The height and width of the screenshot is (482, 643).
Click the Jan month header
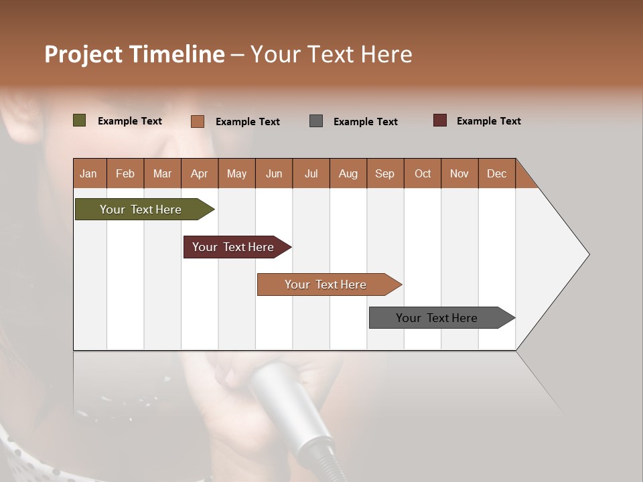coord(88,174)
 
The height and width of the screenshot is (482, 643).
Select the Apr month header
coord(200,174)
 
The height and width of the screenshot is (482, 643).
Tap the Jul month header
coord(311,174)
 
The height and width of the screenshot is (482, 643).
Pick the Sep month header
coord(384,174)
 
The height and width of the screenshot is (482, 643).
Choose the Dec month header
coord(496,174)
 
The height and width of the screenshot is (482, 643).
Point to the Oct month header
coord(422,174)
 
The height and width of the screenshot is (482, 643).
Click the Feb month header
coord(125,174)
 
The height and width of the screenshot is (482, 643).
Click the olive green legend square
coord(79,120)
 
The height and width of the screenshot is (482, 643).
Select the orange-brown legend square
coord(198,121)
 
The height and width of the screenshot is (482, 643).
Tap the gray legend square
coord(316,121)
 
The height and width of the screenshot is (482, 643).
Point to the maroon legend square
coord(439,120)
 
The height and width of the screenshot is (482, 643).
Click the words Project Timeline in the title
coord(134,54)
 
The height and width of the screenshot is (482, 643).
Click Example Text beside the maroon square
coord(488,121)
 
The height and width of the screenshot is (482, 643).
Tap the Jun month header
coord(274,174)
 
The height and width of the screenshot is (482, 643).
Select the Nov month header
coord(459,174)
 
